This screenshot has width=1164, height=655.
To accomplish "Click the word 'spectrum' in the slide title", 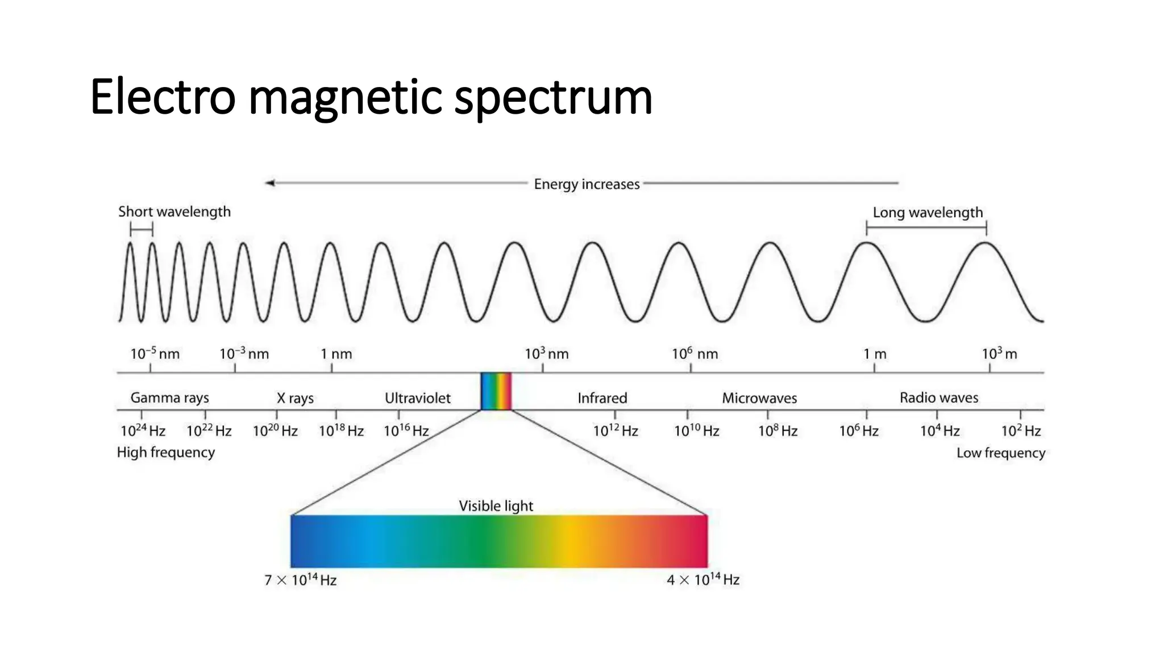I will (553, 98).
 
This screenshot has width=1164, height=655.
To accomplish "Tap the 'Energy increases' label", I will (587, 184).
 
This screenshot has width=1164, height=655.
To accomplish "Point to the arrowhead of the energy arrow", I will (270, 183).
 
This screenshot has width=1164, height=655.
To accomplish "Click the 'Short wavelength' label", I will (174, 212).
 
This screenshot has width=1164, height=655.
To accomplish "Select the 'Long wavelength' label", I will (928, 213).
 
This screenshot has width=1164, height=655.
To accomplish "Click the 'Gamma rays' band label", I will (169, 397).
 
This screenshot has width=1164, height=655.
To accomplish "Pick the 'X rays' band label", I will (295, 398).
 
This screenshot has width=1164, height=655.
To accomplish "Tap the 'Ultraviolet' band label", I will (417, 398).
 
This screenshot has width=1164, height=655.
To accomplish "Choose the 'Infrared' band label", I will (602, 398).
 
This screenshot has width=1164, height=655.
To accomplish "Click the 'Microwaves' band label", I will (759, 398).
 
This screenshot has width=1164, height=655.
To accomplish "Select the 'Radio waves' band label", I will (938, 397).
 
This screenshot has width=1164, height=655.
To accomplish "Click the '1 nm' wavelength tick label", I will (336, 354).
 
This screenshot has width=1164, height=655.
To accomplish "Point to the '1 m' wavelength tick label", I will (875, 354).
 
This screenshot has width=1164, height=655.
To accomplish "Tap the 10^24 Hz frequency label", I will (143, 430).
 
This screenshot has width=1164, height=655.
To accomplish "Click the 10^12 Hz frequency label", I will (616, 430).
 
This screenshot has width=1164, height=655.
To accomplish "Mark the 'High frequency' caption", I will (166, 452).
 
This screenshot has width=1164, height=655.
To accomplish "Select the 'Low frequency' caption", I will (1000, 453).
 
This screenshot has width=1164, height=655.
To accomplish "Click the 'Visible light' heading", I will (496, 505).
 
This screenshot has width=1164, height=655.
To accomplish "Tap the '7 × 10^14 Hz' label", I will (300, 580).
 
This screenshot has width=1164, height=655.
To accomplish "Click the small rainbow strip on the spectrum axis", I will (496, 391).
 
